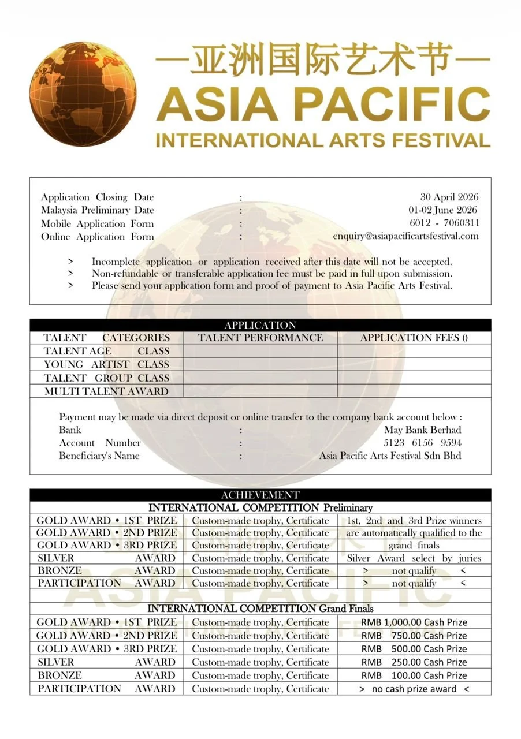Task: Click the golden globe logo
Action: click(x=83, y=94)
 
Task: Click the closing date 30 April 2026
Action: click(x=449, y=197)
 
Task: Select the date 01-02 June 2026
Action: click(x=442, y=210)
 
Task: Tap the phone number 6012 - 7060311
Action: click(x=444, y=223)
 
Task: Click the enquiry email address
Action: click(x=405, y=236)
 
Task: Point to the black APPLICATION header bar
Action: click(x=260, y=325)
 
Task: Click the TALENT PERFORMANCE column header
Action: click(x=260, y=338)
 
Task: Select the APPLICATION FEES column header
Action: click(x=414, y=338)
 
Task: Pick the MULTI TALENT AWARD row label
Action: click(x=107, y=391)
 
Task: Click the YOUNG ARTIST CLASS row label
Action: click(x=107, y=364)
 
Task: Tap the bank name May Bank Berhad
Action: click(x=422, y=430)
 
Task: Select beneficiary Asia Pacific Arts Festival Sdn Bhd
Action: click(x=390, y=456)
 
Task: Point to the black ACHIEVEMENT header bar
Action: click(x=260, y=495)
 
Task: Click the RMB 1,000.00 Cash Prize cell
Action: click(x=414, y=622)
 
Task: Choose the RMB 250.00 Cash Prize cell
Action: click(x=414, y=662)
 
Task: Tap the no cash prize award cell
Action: click(x=414, y=689)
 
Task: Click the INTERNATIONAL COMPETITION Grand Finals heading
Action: click(x=260, y=609)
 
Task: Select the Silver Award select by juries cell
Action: click(x=414, y=558)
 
